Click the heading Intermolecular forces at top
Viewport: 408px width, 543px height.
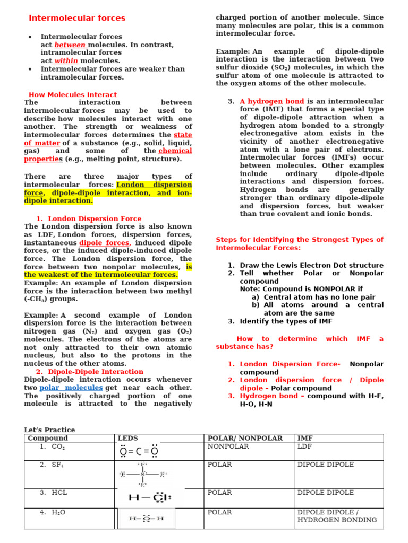pos(77,18)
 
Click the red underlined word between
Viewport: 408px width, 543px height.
pos(70,45)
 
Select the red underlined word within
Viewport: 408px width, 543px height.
pos(66,61)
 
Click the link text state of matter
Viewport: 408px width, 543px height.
pos(183,135)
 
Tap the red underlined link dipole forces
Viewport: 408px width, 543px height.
pos(104,243)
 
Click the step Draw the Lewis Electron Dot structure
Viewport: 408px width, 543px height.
pos(311,265)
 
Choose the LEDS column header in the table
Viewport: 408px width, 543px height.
pos(127,439)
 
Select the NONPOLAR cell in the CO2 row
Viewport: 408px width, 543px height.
pos(228,447)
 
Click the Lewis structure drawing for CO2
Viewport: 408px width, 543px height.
pos(139,452)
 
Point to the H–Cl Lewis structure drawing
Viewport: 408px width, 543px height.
pos(150,498)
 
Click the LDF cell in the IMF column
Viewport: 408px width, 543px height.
pos(305,447)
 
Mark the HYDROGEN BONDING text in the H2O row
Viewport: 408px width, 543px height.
pos(337,520)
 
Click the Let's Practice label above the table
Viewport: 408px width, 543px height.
pos(49,430)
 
